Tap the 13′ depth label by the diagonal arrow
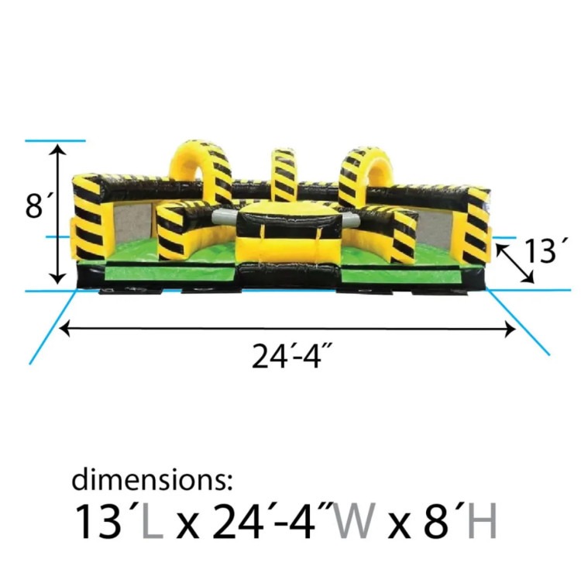pos(545,250)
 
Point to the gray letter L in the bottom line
pos(152,520)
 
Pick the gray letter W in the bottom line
pos(354,520)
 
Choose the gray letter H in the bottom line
pos(482,520)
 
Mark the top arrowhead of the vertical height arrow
pos(58,147)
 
